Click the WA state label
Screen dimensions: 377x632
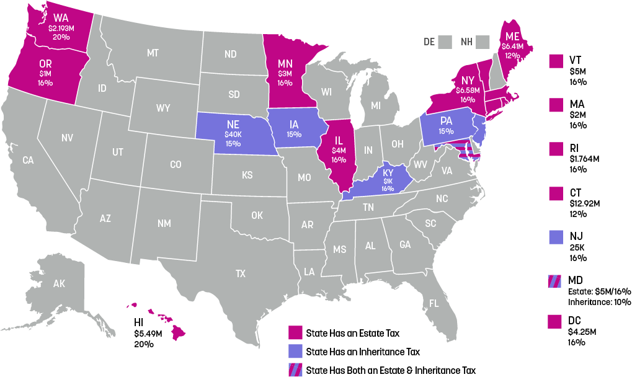[61, 17]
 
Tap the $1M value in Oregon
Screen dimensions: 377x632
[45, 74]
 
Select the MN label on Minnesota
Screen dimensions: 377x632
[285, 64]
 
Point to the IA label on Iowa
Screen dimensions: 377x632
[294, 123]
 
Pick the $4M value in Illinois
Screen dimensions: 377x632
[339, 150]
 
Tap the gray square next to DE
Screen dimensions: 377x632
[444, 42]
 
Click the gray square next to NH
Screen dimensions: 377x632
[483, 42]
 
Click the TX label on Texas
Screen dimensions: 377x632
[240, 273]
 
